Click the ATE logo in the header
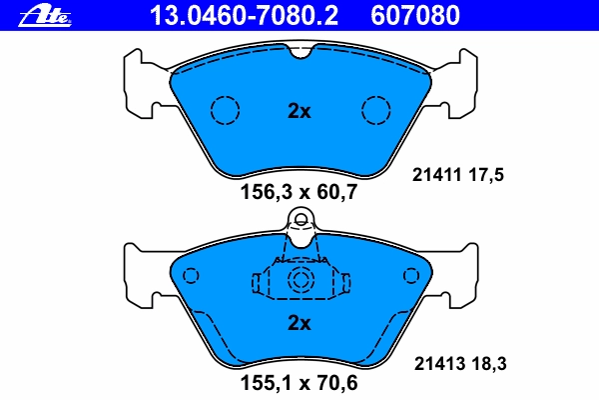click(x=45, y=17)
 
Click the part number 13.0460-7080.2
click(x=244, y=16)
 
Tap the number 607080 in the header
click(x=415, y=16)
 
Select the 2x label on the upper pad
click(x=299, y=111)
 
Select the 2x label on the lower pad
click(x=299, y=323)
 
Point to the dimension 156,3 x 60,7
click(x=299, y=191)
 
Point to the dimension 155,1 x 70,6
click(x=299, y=383)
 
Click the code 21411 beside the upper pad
click(x=437, y=175)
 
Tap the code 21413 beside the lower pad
click(x=439, y=364)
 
